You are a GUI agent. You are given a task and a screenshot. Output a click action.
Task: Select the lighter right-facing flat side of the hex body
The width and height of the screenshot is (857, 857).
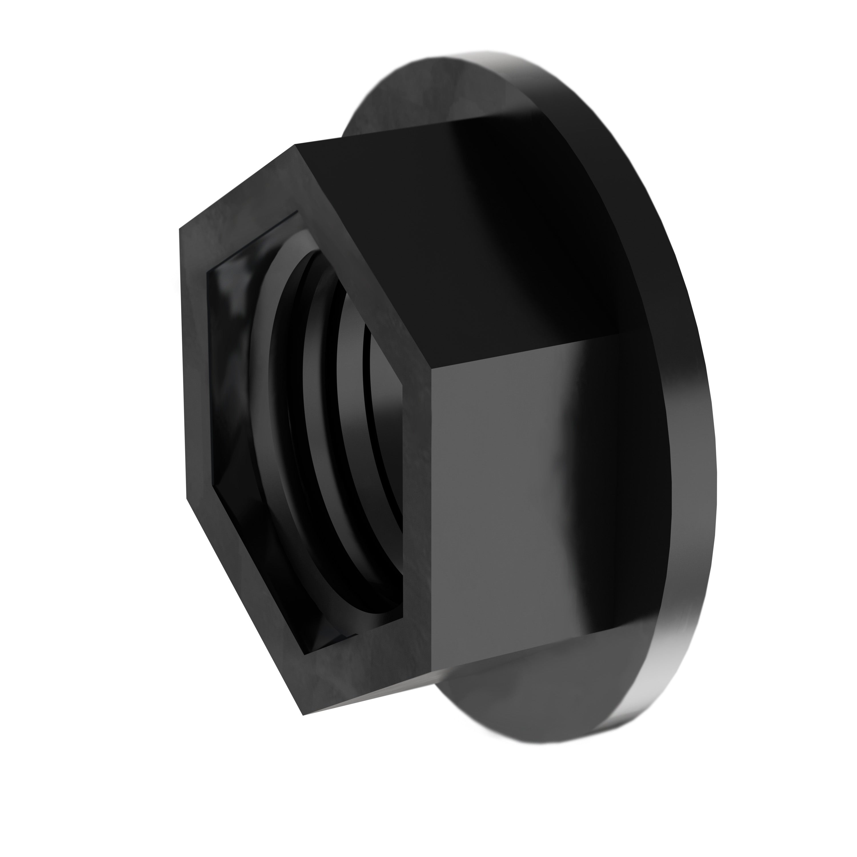click(x=510, y=510)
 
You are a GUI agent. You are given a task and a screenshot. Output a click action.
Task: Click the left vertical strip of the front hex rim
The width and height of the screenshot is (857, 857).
click(x=195, y=364)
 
